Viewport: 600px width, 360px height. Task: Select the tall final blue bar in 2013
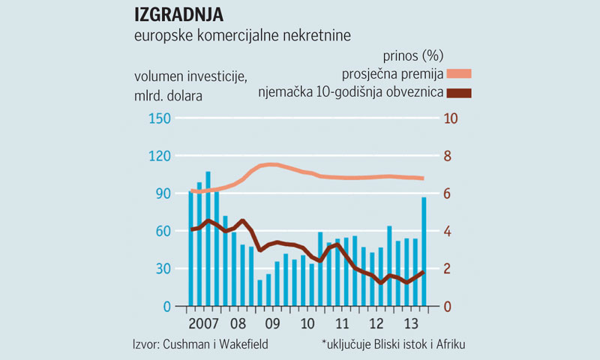(424, 251)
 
